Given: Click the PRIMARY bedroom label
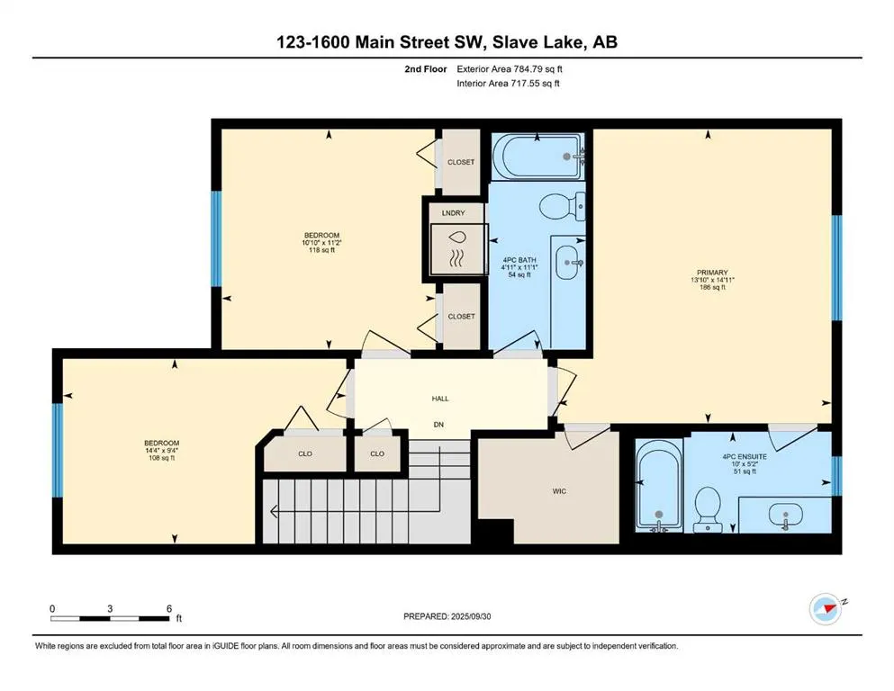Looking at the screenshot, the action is pyautogui.click(x=712, y=273).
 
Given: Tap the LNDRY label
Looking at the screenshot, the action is pyautogui.click(x=453, y=213).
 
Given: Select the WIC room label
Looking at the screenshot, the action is pyautogui.click(x=559, y=491).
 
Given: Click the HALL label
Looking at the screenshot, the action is pyautogui.click(x=440, y=399).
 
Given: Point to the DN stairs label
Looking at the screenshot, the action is pyautogui.click(x=438, y=425).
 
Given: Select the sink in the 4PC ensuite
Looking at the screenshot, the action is pyautogui.click(x=786, y=515).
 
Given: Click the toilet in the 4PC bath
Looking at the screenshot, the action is pyautogui.click(x=562, y=206).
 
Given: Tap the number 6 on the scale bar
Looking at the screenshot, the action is pyautogui.click(x=169, y=608).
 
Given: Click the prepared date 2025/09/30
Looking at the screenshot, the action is pyautogui.click(x=470, y=616).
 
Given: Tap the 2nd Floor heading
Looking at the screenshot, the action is pyautogui.click(x=425, y=69).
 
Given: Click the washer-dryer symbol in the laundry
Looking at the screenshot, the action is pyautogui.click(x=459, y=249).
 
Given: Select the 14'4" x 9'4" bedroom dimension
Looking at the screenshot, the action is pyautogui.click(x=162, y=450).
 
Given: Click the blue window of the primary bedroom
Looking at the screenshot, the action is pyautogui.click(x=836, y=268).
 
